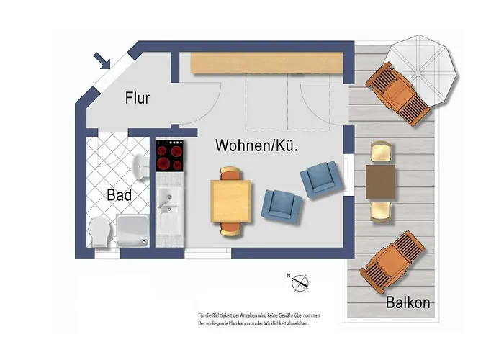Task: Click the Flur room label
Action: click(x=137, y=97)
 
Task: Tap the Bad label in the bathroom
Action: click(x=119, y=194)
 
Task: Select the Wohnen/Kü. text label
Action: click(x=257, y=145)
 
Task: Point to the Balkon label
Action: click(x=407, y=302)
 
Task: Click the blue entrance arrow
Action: click(x=102, y=60)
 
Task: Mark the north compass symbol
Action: click(x=299, y=283)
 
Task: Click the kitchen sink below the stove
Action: click(x=168, y=209)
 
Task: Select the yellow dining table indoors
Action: click(x=232, y=201)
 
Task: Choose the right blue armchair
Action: click(x=320, y=180)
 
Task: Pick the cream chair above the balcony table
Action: click(x=381, y=153)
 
